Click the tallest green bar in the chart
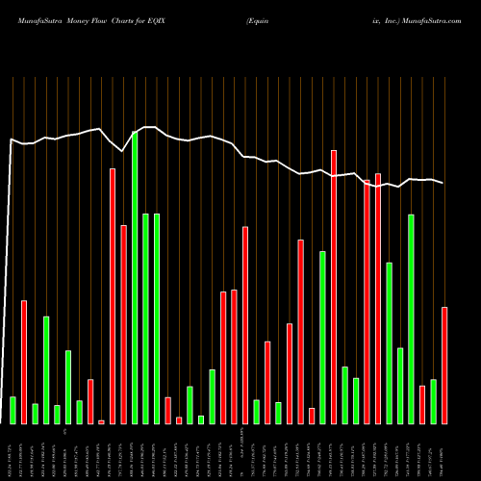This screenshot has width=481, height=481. [135, 277]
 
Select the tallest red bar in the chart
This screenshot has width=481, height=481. [334, 287]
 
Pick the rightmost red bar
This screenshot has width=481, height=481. [444, 366]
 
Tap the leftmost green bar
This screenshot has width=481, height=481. [13, 410]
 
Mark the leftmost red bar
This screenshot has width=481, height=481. [24, 362]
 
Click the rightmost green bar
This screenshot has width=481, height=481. [433, 401]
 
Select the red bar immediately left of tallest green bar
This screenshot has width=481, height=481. [123, 324]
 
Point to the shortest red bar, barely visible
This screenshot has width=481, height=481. [101, 421]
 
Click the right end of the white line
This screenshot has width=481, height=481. [443, 183]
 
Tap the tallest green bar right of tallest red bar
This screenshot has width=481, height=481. [411, 318]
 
